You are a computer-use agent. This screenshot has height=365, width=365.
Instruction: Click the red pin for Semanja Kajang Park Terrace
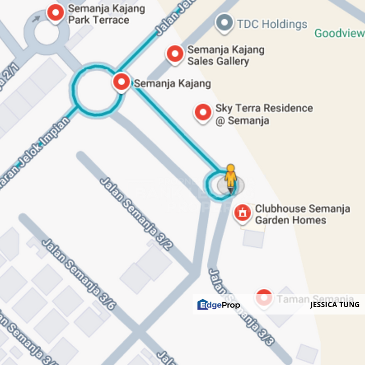pos(55,13)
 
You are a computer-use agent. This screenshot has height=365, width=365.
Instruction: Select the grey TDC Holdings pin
pos(224,23)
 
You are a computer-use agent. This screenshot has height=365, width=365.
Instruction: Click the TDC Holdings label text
pos(272,24)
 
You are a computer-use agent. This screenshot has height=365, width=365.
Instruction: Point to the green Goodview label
pos(339,33)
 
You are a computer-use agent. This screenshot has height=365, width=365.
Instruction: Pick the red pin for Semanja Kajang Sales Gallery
pos(175,54)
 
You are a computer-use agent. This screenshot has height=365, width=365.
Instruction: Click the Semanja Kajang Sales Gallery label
pos(226,56)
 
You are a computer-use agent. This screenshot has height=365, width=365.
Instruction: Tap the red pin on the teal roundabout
pos(121,81)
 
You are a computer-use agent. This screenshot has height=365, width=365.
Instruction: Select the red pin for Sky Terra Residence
pos(203,113)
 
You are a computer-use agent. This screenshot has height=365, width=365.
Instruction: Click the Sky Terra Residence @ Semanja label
pos(264,114)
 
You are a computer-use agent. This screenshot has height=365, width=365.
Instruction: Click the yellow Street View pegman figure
pos(231,177)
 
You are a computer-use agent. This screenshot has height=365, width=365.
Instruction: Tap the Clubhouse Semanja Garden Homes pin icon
pos(243,212)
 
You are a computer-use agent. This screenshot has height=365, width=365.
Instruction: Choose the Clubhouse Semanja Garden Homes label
pos(302,214)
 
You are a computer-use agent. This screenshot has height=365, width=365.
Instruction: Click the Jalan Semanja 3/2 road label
pos(136,213)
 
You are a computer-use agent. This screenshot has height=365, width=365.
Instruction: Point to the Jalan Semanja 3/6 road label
pos(79,274)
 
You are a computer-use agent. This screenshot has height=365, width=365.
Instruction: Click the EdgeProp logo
pos(218,305)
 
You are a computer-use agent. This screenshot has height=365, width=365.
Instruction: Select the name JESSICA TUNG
pos(335,305)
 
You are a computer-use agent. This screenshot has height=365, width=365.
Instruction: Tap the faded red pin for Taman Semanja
pos(264,298)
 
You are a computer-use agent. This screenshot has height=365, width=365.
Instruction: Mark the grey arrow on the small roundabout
pos(36,19)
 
